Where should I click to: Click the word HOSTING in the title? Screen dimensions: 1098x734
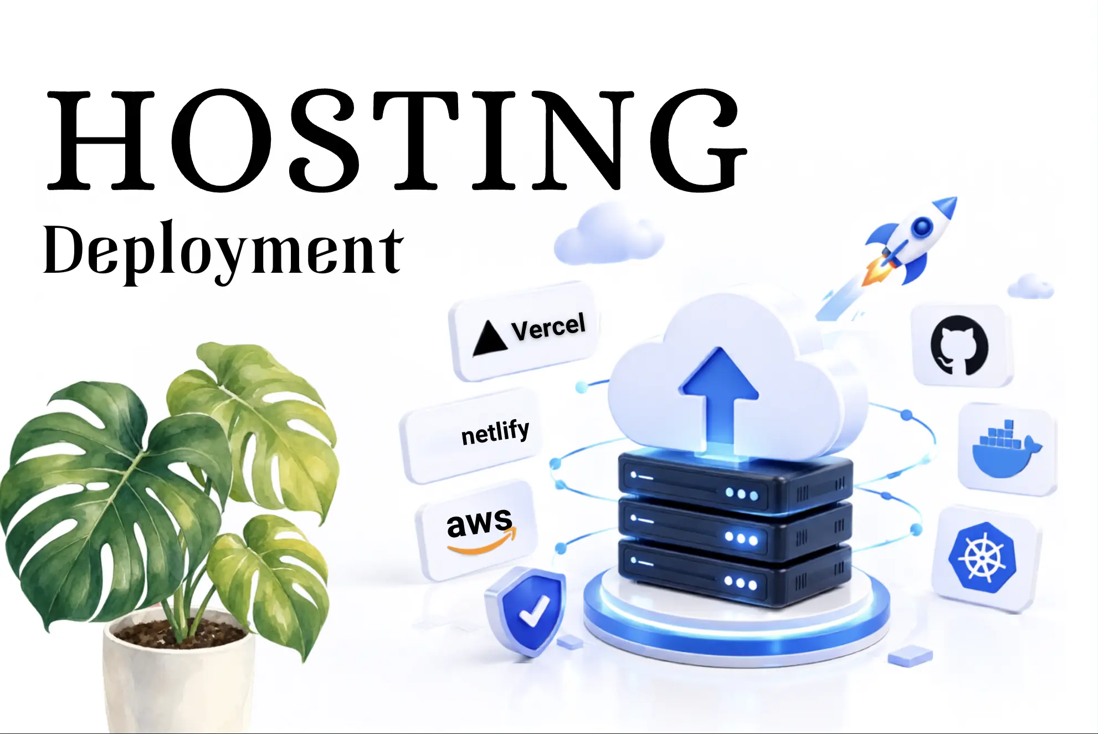397,140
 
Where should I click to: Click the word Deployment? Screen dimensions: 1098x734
223,252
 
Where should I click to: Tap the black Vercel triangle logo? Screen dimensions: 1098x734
489,338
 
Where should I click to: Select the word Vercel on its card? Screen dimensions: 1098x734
548,327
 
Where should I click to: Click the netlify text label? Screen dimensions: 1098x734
495,432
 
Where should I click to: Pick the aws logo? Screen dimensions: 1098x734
481,529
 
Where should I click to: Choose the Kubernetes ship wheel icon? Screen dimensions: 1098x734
983,557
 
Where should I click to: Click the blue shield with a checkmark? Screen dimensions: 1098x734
525,611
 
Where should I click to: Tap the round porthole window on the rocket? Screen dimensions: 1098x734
922,226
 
